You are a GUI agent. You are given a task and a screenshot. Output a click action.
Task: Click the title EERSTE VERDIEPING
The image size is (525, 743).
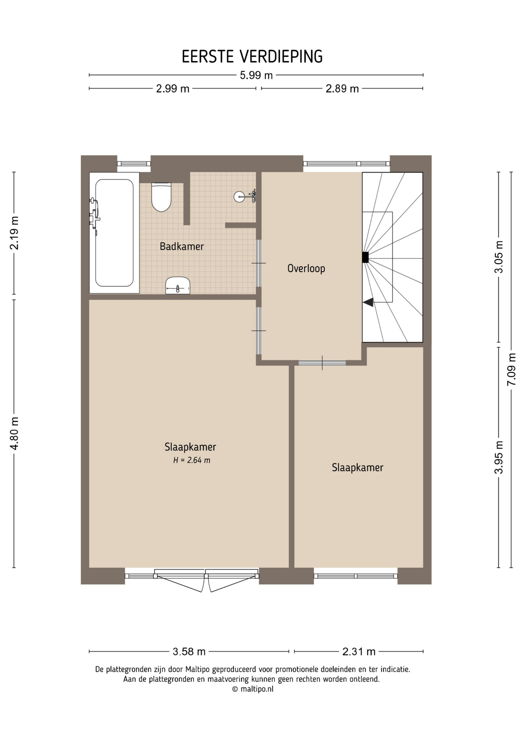[x=252, y=56]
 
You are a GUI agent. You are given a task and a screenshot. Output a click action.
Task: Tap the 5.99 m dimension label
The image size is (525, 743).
[x=256, y=75]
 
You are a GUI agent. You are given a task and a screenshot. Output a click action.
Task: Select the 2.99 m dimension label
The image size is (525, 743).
[x=173, y=89]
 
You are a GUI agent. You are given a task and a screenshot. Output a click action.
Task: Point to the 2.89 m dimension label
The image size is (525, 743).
[x=342, y=89]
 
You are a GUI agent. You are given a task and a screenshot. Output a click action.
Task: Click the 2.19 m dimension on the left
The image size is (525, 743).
[x=14, y=233]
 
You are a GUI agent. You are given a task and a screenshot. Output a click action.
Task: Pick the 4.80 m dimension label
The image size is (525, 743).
[x=14, y=433]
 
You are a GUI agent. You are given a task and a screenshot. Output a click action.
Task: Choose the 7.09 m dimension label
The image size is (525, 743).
[x=511, y=370]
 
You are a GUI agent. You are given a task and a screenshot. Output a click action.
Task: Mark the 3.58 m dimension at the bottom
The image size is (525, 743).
[x=189, y=652]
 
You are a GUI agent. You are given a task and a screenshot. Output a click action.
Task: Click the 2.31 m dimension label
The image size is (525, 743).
[x=359, y=652]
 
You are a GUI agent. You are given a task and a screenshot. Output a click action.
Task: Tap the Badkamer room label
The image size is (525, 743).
[x=182, y=247]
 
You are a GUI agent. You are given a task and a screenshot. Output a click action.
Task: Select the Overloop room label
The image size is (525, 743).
[x=306, y=269]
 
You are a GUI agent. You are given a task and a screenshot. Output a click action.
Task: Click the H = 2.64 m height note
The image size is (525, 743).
[x=192, y=460]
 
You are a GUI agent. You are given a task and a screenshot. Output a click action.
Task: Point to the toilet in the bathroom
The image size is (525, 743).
[x=161, y=197]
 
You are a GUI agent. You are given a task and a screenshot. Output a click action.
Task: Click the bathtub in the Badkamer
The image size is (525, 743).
[x=114, y=233]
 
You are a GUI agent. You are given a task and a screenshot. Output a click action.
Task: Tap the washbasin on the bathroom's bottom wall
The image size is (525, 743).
[x=178, y=286]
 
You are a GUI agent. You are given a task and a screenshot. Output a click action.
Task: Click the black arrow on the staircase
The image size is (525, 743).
[x=368, y=302]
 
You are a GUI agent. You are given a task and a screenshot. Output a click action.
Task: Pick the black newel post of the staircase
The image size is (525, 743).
[x=365, y=257]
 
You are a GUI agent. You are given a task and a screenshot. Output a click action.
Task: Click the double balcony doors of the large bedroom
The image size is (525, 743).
[x=206, y=579]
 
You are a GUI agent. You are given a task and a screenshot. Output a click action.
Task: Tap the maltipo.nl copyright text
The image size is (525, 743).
[x=253, y=689]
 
